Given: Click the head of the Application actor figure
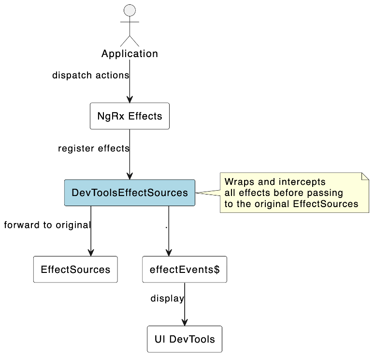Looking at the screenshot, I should (130, 11).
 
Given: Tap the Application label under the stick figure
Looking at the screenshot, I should (130, 54).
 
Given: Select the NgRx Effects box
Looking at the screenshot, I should (130, 116).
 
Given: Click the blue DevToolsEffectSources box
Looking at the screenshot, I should (130, 193).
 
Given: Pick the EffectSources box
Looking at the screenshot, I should (75, 270).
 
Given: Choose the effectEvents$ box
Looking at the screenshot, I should (185, 270).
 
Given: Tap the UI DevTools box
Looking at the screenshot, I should (185, 339).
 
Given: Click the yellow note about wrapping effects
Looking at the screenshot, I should (294, 193).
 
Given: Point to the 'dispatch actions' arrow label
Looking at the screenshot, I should (90, 75).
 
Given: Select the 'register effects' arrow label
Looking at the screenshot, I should (93, 149).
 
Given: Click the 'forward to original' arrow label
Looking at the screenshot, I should (47, 225).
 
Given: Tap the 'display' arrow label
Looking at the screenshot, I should (167, 299).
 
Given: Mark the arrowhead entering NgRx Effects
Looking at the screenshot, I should (130, 99).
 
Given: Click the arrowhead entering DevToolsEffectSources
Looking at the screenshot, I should (130, 176).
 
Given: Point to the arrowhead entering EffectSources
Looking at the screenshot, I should (91, 253).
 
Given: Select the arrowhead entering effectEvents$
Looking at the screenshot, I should (169, 253).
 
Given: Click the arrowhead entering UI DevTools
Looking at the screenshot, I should (185, 322).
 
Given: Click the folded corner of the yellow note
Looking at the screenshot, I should (365, 176).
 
